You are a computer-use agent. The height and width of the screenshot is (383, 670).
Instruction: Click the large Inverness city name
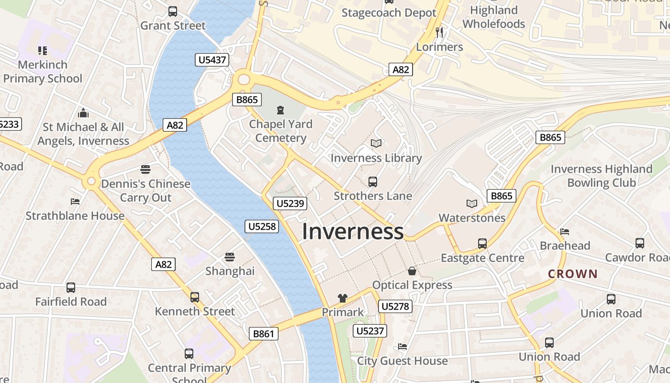tap(353, 232)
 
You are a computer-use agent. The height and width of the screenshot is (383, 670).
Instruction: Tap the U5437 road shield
tap(212, 60)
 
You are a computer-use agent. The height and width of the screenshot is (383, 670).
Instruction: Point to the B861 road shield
tap(264, 334)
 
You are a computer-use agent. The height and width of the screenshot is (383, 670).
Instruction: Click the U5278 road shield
tap(395, 306)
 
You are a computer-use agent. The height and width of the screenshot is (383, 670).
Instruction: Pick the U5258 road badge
tap(262, 226)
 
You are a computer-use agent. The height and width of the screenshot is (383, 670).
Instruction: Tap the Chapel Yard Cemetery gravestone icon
tap(280, 110)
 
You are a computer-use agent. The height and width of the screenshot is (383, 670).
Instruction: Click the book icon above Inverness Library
tap(377, 143)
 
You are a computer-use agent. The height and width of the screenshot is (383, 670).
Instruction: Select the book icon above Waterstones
tap(472, 203)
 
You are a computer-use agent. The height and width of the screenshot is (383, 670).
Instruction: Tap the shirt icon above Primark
tap(343, 298)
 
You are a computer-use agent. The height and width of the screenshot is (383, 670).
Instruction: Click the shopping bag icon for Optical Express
tap(412, 271)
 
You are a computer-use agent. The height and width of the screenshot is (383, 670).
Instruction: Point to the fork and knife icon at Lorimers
tap(439, 33)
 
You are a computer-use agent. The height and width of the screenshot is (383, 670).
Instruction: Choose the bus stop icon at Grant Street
tap(173, 11)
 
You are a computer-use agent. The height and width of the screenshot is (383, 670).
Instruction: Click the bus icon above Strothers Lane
tap(373, 182)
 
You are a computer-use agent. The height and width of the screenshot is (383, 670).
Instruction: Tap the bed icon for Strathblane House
tap(75, 202)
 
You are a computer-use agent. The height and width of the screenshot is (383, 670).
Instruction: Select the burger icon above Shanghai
tap(230, 257)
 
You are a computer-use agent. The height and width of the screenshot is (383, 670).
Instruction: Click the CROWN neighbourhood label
tap(573, 274)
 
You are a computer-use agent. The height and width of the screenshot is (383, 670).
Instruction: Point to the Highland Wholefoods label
tap(494, 17)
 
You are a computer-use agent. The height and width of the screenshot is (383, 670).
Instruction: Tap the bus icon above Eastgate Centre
tap(482, 244)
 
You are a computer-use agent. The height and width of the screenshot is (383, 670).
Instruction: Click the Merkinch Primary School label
tap(43, 71)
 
